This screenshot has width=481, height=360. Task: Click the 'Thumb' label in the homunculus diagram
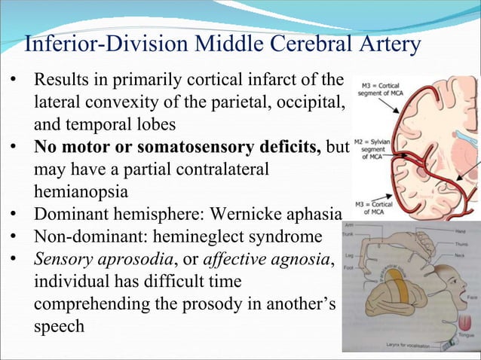coord(457,243)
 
